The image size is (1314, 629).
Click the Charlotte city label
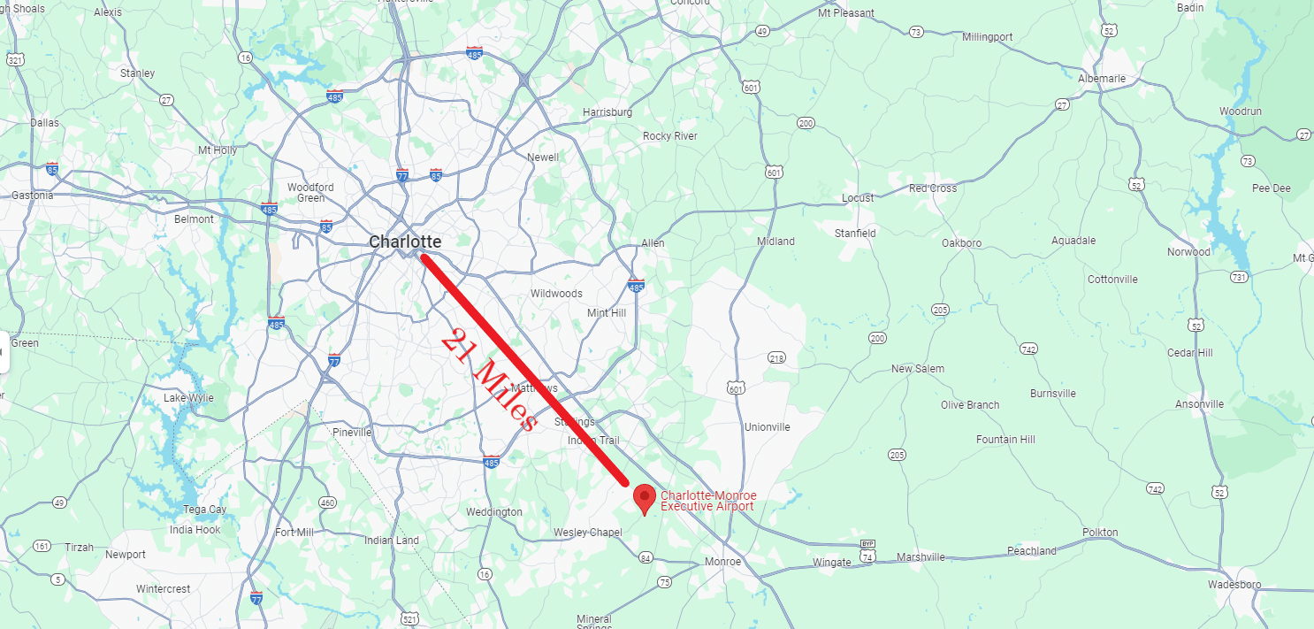pos(405,242)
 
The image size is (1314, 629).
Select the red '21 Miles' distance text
pos(488,380)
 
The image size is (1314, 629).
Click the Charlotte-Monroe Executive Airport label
pos(708,501)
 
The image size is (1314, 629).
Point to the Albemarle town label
pos(1102,79)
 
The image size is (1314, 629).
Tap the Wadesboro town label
pos(1234,584)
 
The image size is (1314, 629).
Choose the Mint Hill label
pos(607,313)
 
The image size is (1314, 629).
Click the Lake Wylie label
pos(188,398)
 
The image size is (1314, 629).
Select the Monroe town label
pos(722,563)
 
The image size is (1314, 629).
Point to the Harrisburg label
pos(607,112)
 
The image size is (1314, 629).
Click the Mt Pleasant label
pos(846,13)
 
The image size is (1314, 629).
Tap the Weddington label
pos(494,512)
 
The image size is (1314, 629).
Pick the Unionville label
pos(767,427)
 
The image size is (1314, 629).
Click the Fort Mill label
pos(294,533)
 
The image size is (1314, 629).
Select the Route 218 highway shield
pos(776,357)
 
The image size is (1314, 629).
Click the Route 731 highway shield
pos(1239,277)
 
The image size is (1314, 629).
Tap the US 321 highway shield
pos(14,59)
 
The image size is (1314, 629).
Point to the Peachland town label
pos(1032,551)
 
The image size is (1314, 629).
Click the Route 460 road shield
pos(327,502)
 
